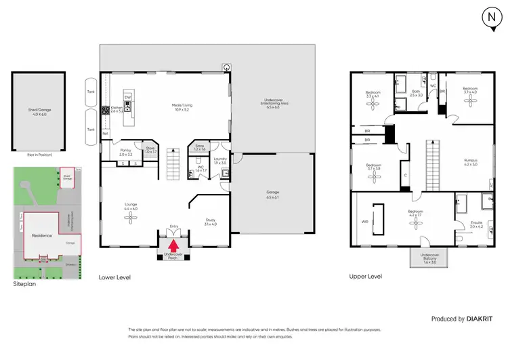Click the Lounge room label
[131, 205]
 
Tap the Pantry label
[125, 151]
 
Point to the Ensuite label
[477, 223]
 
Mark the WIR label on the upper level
[364, 220]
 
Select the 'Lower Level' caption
[114, 277]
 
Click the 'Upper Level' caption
[366, 277]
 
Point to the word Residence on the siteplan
[42, 235]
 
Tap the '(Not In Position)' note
[39, 155]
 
